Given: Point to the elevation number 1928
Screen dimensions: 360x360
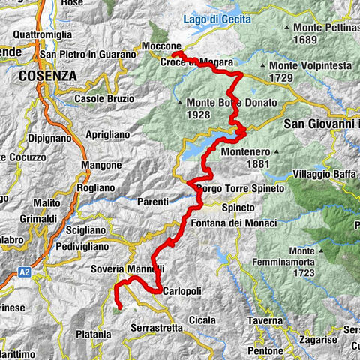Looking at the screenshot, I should coord(202,115).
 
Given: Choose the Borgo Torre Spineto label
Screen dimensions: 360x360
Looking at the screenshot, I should coord(241,189).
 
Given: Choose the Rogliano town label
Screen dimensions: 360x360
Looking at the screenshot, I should coord(96,188).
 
